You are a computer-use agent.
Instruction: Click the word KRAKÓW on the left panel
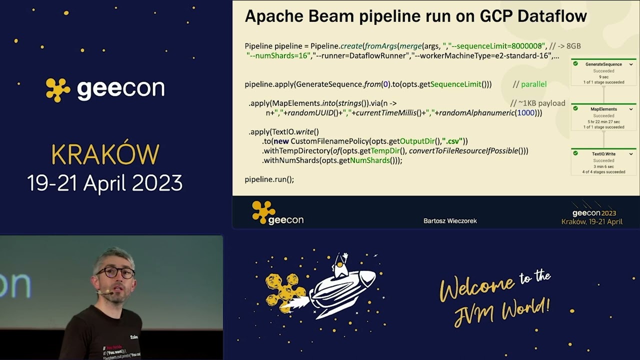pyautogui.click(x=105, y=154)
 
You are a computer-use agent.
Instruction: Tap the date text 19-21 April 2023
pyautogui.click(x=105, y=183)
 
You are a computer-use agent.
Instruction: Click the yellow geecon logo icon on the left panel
pyautogui.click(x=58, y=89)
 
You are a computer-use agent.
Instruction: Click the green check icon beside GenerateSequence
pyautogui.click(x=575, y=64)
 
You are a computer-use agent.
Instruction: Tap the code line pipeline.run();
pyautogui.click(x=269, y=179)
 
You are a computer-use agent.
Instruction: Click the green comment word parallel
pyautogui.click(x=533, y=84)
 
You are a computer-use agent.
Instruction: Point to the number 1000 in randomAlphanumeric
pyautogui.click(x=525, y=113)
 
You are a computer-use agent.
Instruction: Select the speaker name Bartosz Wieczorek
pyautogui.click(x=450, y=220)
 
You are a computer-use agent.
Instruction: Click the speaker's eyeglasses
pyautogui.click(x=115, y=273)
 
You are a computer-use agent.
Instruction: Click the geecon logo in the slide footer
pyautogui.click(x=277, y=213)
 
